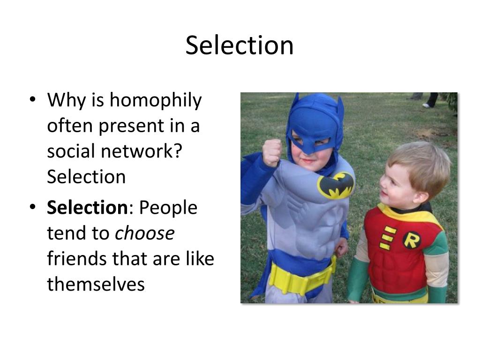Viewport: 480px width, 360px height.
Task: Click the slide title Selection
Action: (x=240, y=45)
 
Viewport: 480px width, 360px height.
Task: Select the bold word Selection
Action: (x=87, y=208)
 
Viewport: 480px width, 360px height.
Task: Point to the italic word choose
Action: (x=144, y=233)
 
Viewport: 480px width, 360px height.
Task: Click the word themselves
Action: (x=96, y=284)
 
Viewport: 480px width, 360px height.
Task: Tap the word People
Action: (x=168, y=208)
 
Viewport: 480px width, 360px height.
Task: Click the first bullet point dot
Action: (x=32, y=100)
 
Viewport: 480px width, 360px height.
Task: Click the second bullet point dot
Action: (x=32, y=208)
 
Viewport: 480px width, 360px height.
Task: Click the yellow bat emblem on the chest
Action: (x=336, y=185)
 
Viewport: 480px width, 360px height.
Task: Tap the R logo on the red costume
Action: (x=412, y=240)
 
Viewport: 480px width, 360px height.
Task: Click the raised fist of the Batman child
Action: (x=272, y=152)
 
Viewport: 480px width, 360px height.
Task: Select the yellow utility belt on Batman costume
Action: (x=300, y=279)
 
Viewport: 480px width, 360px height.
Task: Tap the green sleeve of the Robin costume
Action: (x=359, y=279)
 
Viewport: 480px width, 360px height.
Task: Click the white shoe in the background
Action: (x=426, y=105)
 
